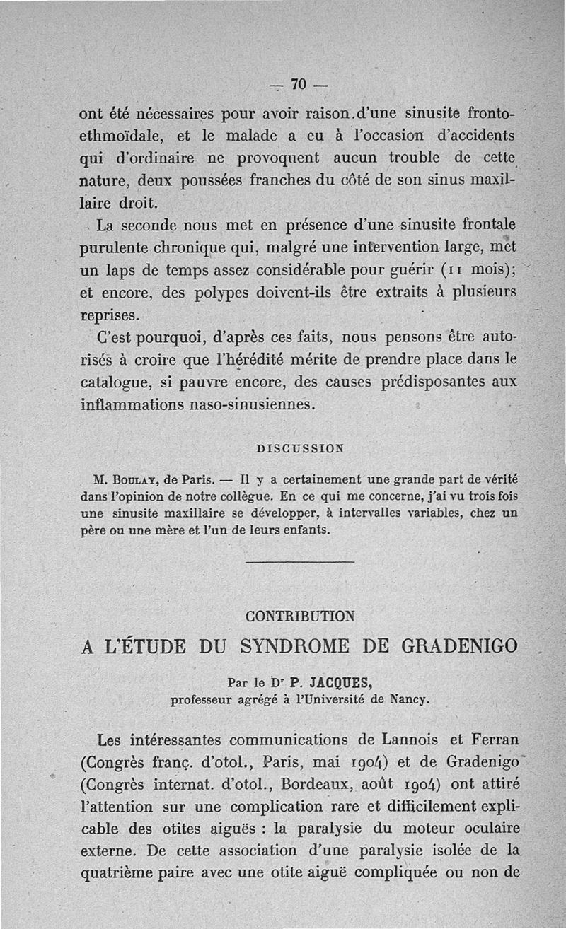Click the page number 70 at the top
point(297,85)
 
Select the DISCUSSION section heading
point(299,448)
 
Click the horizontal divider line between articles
point(299,563)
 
